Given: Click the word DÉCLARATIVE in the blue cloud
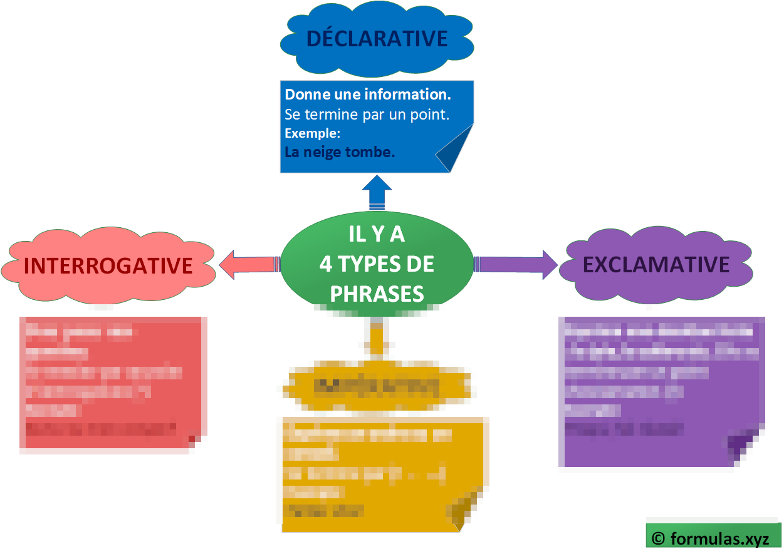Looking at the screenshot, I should [x=377, y=39].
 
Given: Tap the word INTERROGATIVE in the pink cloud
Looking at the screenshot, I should [x=108, y=265].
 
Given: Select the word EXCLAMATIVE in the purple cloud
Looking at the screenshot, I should [x=656, y=264].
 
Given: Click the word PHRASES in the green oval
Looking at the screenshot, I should [x=377, y=294].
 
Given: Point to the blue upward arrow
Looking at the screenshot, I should [x=377, y=192].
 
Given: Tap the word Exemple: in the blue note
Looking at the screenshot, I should [x=312, y=133].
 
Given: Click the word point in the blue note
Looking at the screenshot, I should [x=433, y=115].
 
